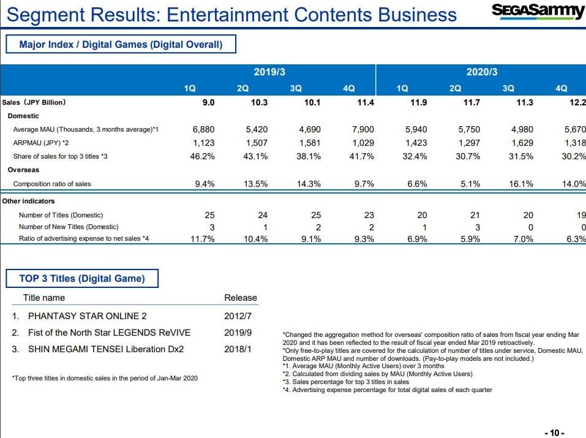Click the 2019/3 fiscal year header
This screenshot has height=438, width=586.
click(x=269, y=72)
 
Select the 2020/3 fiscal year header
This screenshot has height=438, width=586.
click(x=481, y=72)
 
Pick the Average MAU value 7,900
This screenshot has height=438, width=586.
click(x=361, y=130)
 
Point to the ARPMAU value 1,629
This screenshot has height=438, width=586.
click(x=520, y=143)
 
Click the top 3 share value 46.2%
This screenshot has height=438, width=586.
click(x=202, y=156)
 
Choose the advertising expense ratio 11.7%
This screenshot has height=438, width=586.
click(x=202, y=239)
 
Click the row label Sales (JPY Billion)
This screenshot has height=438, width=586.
click(x=34, y=102)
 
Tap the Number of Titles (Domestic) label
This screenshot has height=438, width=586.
click(x=61, y=215)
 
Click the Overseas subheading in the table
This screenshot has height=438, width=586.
click(x=23, y=170)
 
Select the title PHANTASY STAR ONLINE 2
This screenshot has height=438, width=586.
click(x=87, y=316)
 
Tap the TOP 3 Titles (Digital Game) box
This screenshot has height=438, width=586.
click(x=82, y=278)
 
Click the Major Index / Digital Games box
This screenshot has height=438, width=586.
click(x=121, y=44)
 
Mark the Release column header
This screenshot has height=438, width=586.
click(x=241, y=298)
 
